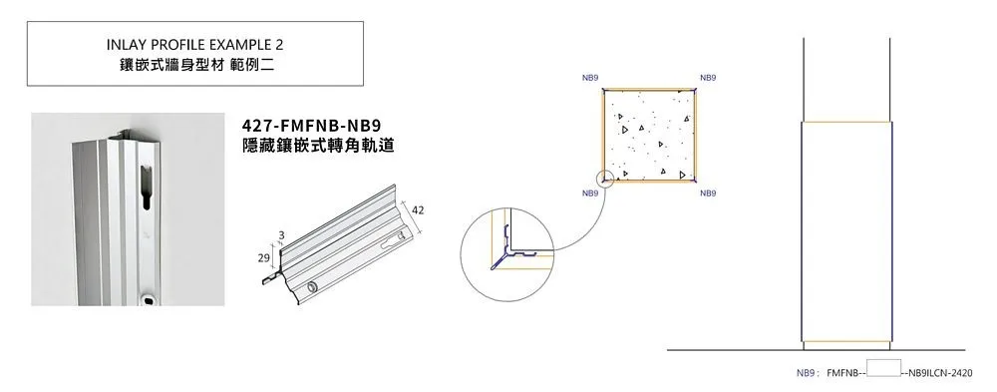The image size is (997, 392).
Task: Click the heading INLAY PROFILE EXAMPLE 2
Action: point(194,45)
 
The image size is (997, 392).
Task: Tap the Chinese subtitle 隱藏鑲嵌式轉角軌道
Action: point(319,145)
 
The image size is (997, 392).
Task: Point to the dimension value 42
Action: point(419,210)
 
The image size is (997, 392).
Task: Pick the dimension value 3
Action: point(281,234)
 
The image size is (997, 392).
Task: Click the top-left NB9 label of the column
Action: point(589,78)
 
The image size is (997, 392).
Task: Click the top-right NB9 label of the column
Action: point(708,78)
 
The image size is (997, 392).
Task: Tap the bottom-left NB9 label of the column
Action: point(589,193)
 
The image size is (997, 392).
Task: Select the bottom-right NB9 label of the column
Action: point(708,193)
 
